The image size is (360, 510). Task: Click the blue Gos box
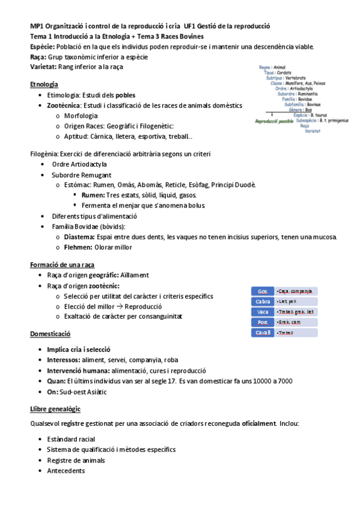[x=262, y=291]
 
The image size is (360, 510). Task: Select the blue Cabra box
[x=262, y=301]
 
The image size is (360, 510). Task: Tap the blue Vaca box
[x=262, y=312]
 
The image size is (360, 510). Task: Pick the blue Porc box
[x=262, y=322]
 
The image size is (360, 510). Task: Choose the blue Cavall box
[x=262, y=333]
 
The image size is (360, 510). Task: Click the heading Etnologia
[x=44, y=84]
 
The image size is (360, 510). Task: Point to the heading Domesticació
[x=50, y=334]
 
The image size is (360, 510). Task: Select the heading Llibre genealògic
[x=56, y=408]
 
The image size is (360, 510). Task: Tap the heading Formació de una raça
[x=62, y=264]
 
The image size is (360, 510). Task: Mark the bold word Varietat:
[x=44, y=66]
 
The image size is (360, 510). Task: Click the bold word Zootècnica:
[x=67, y=105]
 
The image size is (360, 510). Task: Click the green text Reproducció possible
[x=274, y=121]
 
